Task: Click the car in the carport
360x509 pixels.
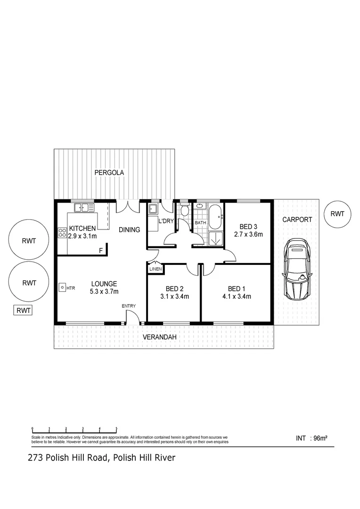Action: [297, 268]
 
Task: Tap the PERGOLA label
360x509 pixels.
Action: [109, 172]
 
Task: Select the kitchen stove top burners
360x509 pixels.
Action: [62, 232]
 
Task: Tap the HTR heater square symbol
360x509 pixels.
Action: [62, 287]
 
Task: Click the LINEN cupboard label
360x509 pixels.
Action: [155, 269]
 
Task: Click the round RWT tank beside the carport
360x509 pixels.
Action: [337, 214]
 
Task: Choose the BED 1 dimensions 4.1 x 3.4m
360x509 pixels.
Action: [237, 296]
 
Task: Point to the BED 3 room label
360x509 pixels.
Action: [248, 227]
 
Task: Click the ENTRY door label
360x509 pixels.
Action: [129, 306]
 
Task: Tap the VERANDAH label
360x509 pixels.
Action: [160, 337]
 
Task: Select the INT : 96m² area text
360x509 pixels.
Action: [311, 438]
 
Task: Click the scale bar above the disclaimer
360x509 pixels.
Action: [74, 430]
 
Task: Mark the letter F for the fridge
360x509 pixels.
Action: [101, 251]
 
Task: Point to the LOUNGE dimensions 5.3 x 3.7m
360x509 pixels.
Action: [104, 292]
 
